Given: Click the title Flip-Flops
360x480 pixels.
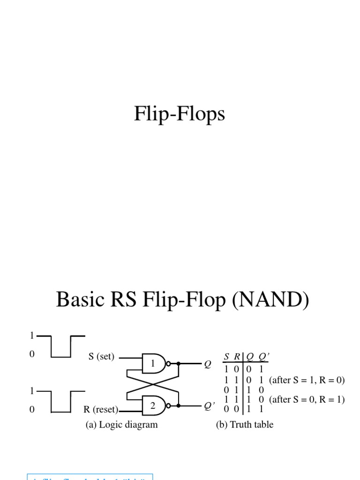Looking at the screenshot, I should pos(180,114).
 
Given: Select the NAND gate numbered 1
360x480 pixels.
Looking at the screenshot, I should pos(155,363).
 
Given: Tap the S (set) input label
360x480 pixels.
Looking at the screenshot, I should pos(101,356).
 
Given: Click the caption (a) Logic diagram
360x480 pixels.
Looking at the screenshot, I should pos(121,425).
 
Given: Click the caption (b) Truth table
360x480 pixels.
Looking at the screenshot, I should pos(244,425).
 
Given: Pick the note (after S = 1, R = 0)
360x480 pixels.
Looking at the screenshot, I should pos(307,380).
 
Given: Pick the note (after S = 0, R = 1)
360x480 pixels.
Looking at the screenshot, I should pos(307,399).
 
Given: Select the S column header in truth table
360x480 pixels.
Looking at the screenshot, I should pos(226,357).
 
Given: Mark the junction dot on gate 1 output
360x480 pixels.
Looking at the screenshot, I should pos(178,363).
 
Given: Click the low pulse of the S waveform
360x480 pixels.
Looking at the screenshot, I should pos(60,357).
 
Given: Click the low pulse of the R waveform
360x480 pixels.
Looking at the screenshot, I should pos(60,412).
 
